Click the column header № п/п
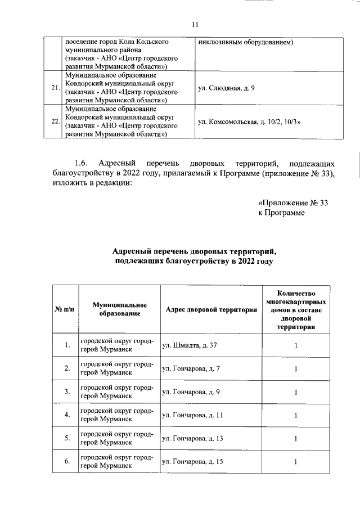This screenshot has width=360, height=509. point(65,309)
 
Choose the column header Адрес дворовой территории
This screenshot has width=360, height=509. point(211,309)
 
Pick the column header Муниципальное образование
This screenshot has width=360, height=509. point(120,309)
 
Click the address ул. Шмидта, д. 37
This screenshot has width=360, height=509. point(189,345)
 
